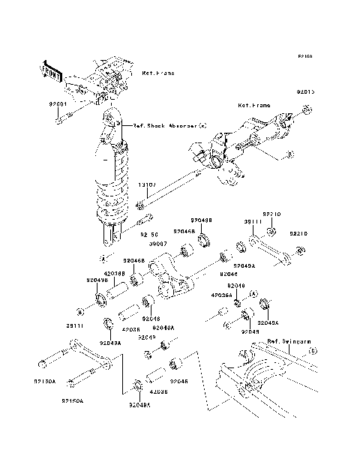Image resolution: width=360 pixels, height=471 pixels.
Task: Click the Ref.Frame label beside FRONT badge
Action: (x=157, y=73)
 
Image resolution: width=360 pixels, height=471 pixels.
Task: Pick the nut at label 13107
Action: (x=140, y=205)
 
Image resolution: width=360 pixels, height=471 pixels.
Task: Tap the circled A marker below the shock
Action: (x=102, y=256)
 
